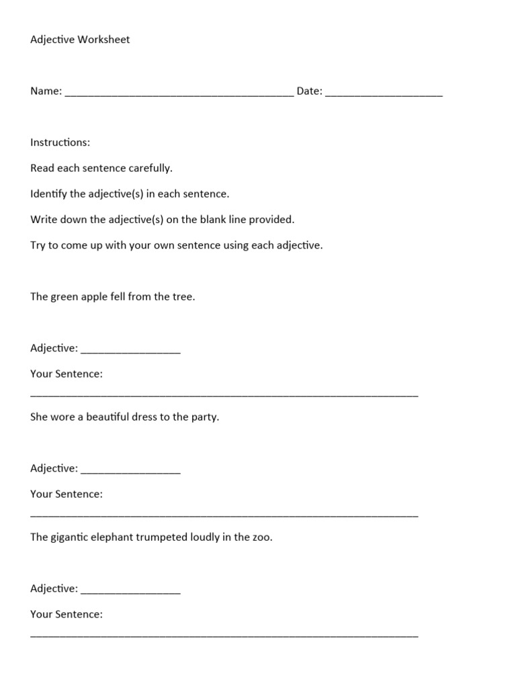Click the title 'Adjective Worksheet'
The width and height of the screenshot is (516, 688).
80,40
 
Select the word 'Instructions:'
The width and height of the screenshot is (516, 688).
60,142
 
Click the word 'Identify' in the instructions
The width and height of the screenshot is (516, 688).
48,194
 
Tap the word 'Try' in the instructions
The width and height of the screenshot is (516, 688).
38,245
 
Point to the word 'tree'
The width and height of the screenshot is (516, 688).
183,297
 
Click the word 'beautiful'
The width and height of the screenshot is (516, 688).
111,417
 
